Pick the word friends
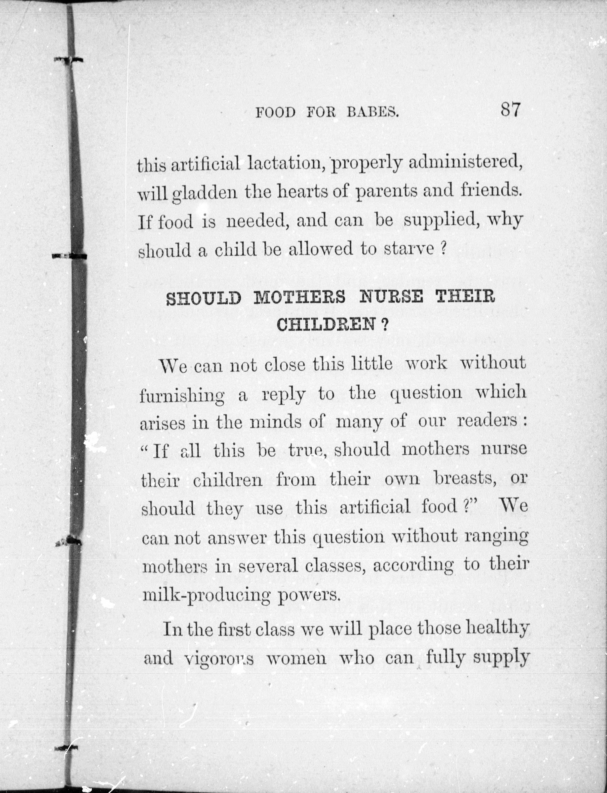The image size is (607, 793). pos(491,190)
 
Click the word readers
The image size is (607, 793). pos(487,422)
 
